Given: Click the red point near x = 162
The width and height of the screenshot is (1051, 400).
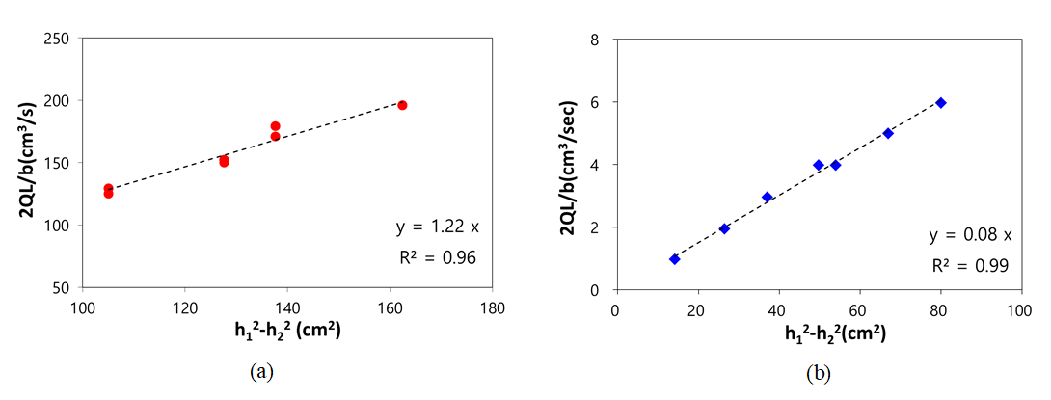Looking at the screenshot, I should (x=402, y=105).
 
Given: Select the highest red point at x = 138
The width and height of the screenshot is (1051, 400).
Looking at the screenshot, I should (x=275, y=126).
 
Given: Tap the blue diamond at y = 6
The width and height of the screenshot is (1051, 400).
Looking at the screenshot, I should (x=940, y=102).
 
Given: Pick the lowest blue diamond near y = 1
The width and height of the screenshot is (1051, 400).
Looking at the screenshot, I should (x=674, y=259).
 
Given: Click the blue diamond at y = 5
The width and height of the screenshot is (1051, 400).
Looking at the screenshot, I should (x=888, y=133).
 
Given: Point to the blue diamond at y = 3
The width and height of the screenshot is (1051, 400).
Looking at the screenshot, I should (x=767, y=197).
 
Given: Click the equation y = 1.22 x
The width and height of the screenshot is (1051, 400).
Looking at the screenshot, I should (x=438, y=227).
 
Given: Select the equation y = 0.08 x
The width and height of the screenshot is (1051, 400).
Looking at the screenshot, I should (x=968, y=235).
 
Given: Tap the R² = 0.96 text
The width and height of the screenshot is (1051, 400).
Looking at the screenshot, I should (x=437, y=257).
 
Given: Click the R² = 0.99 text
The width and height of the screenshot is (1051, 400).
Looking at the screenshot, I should (x=968, y=265).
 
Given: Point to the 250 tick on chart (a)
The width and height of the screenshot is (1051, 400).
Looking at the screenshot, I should (x=58, y=39).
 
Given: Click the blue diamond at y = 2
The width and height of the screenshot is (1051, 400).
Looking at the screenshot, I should (x=724, y=228).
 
